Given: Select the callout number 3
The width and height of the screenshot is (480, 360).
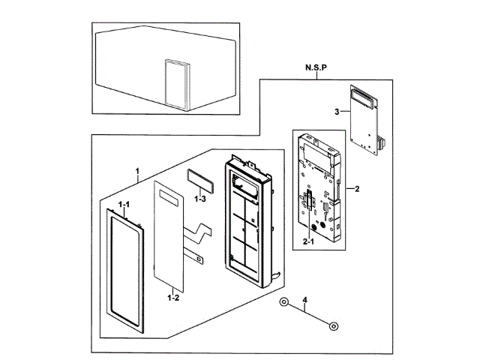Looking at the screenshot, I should (x=337, y=112).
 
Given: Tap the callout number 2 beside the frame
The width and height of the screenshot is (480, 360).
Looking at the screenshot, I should (x=357, y=189).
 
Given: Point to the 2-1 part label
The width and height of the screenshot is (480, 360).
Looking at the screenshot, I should (x=308, y=242).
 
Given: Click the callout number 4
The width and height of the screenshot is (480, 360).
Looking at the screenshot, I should (x=305, y=302).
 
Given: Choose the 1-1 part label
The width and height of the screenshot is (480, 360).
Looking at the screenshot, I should (x=123, y=205).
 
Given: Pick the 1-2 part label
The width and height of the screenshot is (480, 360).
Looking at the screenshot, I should (x=172, y=298).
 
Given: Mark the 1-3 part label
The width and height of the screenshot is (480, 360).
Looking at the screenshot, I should (x=199, y=199).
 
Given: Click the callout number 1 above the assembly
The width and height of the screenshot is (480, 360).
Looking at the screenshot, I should (x=137, y=172).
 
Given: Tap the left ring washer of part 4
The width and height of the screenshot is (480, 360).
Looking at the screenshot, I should (x=284, y=302).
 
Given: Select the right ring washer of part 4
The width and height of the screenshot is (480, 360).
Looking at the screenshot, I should (x=333, y=325).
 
